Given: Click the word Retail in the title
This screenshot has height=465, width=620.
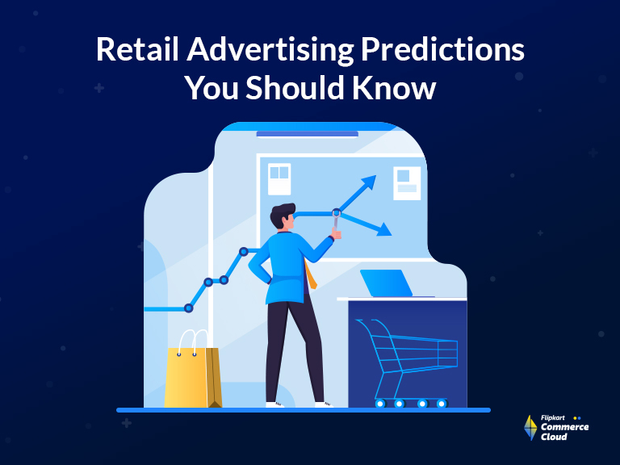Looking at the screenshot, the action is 137,49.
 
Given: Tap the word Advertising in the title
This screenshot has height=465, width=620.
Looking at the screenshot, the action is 270,51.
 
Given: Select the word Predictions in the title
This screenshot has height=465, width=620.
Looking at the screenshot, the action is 443,49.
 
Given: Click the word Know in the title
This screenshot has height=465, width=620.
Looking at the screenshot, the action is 394,87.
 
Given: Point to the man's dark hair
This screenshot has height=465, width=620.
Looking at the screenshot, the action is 283,214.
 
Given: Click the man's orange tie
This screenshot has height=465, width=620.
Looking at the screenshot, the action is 311,274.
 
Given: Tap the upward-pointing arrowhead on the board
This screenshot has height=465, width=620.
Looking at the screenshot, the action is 368,183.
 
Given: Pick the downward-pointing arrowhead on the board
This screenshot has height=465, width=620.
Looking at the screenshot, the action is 384,229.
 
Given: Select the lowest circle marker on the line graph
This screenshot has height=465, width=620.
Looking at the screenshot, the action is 189,308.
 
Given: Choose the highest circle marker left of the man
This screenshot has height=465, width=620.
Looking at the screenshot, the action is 244,252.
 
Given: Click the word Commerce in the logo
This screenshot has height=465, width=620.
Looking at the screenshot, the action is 564,427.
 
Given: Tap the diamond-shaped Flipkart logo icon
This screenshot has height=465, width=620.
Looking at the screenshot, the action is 530,428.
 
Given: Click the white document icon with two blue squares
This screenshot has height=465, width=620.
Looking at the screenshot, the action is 279,179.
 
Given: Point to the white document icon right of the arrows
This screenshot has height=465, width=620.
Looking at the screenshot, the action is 407,183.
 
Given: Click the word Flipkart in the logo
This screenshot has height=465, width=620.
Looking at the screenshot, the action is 553,417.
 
